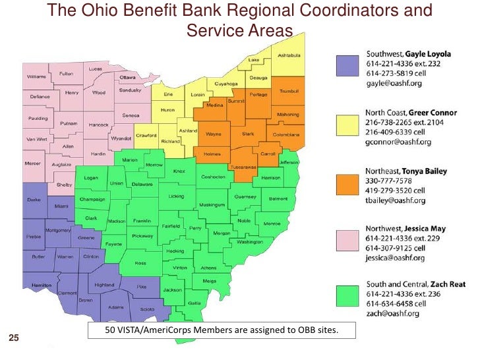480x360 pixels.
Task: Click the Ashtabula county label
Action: [x=289, y=55]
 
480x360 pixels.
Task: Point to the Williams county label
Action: [x=36, y=77]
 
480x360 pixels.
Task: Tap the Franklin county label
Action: [x=142, y=221]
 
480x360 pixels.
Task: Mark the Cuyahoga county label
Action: [x=225, y=84]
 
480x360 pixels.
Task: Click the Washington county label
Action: [x=250, y=242]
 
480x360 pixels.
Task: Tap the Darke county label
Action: [x=35, y=199]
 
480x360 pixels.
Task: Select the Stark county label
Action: [x=248, y=134]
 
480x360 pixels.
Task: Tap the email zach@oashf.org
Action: [x=392, y=313]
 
